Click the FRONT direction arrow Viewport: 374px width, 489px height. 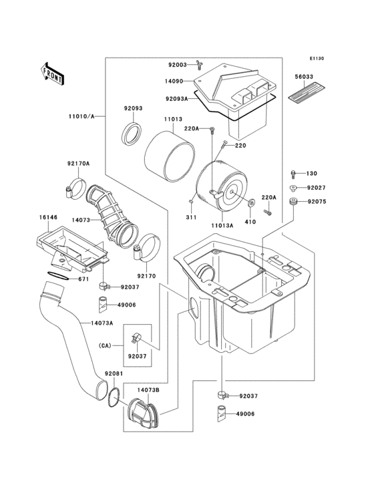coord(51,72)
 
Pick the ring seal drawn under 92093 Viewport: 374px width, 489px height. coord(132,133)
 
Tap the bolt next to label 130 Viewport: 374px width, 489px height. coord(295,173)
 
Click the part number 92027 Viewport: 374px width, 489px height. coord(317,188)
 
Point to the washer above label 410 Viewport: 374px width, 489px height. coord(252,203)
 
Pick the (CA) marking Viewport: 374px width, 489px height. coord(104,345)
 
